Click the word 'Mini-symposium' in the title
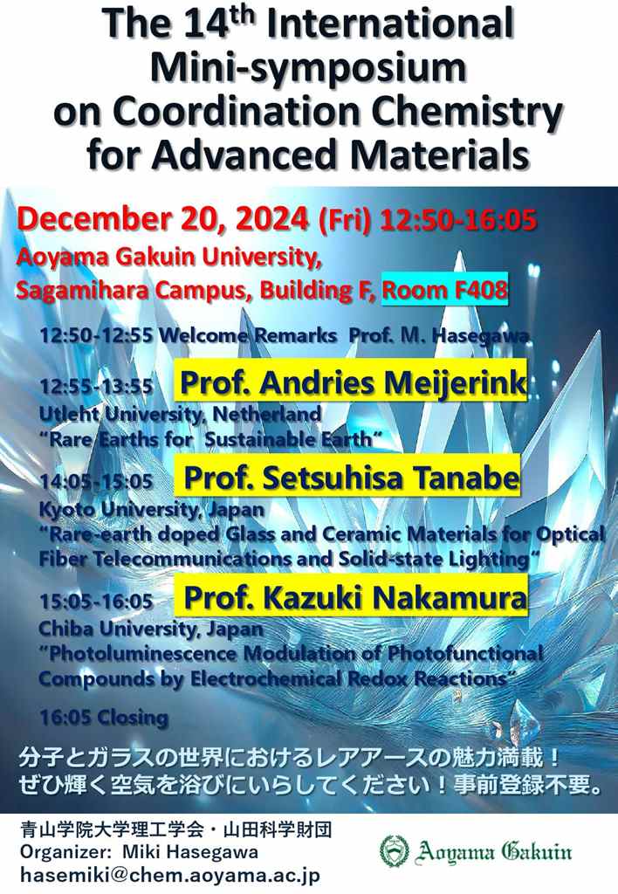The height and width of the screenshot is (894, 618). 308,67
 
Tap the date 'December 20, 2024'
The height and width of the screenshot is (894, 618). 163,219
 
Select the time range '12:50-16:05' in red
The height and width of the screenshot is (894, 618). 457,219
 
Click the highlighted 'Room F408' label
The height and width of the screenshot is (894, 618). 444,290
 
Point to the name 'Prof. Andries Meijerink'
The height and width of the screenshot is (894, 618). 353,382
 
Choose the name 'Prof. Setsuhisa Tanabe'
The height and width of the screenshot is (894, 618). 351,478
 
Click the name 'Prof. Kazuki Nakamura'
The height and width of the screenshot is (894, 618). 355,597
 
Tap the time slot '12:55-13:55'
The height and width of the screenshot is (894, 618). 96,387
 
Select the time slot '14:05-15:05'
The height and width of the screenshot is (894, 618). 96,481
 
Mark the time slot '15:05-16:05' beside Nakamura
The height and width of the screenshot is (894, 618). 96,601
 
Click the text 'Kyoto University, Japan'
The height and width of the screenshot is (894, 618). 152,509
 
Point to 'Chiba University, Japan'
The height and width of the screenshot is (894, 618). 151,629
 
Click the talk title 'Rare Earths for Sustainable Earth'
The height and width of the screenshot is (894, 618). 210,439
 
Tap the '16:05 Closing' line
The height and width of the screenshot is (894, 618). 104,717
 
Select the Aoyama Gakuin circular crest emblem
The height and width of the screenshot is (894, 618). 395,850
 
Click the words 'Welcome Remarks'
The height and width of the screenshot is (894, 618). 247,335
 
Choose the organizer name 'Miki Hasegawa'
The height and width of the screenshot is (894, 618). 189,852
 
